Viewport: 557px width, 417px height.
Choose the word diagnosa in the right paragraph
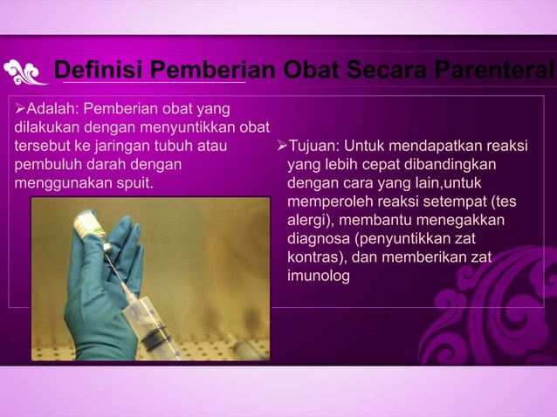318,239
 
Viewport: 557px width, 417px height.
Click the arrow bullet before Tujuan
281,146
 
